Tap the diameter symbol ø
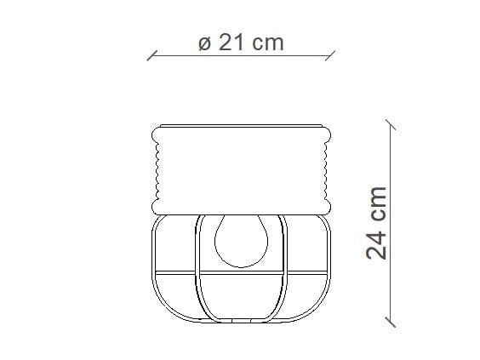coord(203,43)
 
